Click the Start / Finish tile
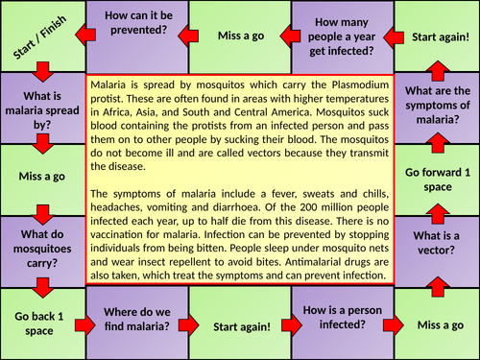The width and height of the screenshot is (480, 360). (x=41, y=36)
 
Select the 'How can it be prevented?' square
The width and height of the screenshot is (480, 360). (x=136, y=36)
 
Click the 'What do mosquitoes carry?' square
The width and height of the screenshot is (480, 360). (x=41, y=247)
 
